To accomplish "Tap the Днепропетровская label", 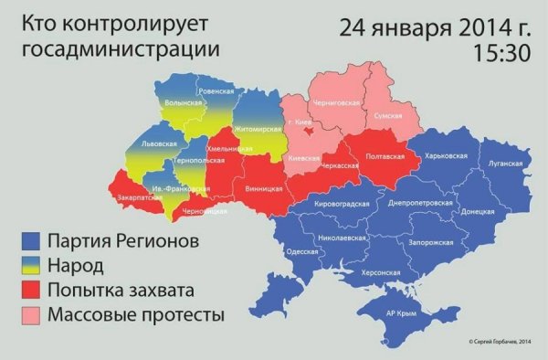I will coord(420,202).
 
